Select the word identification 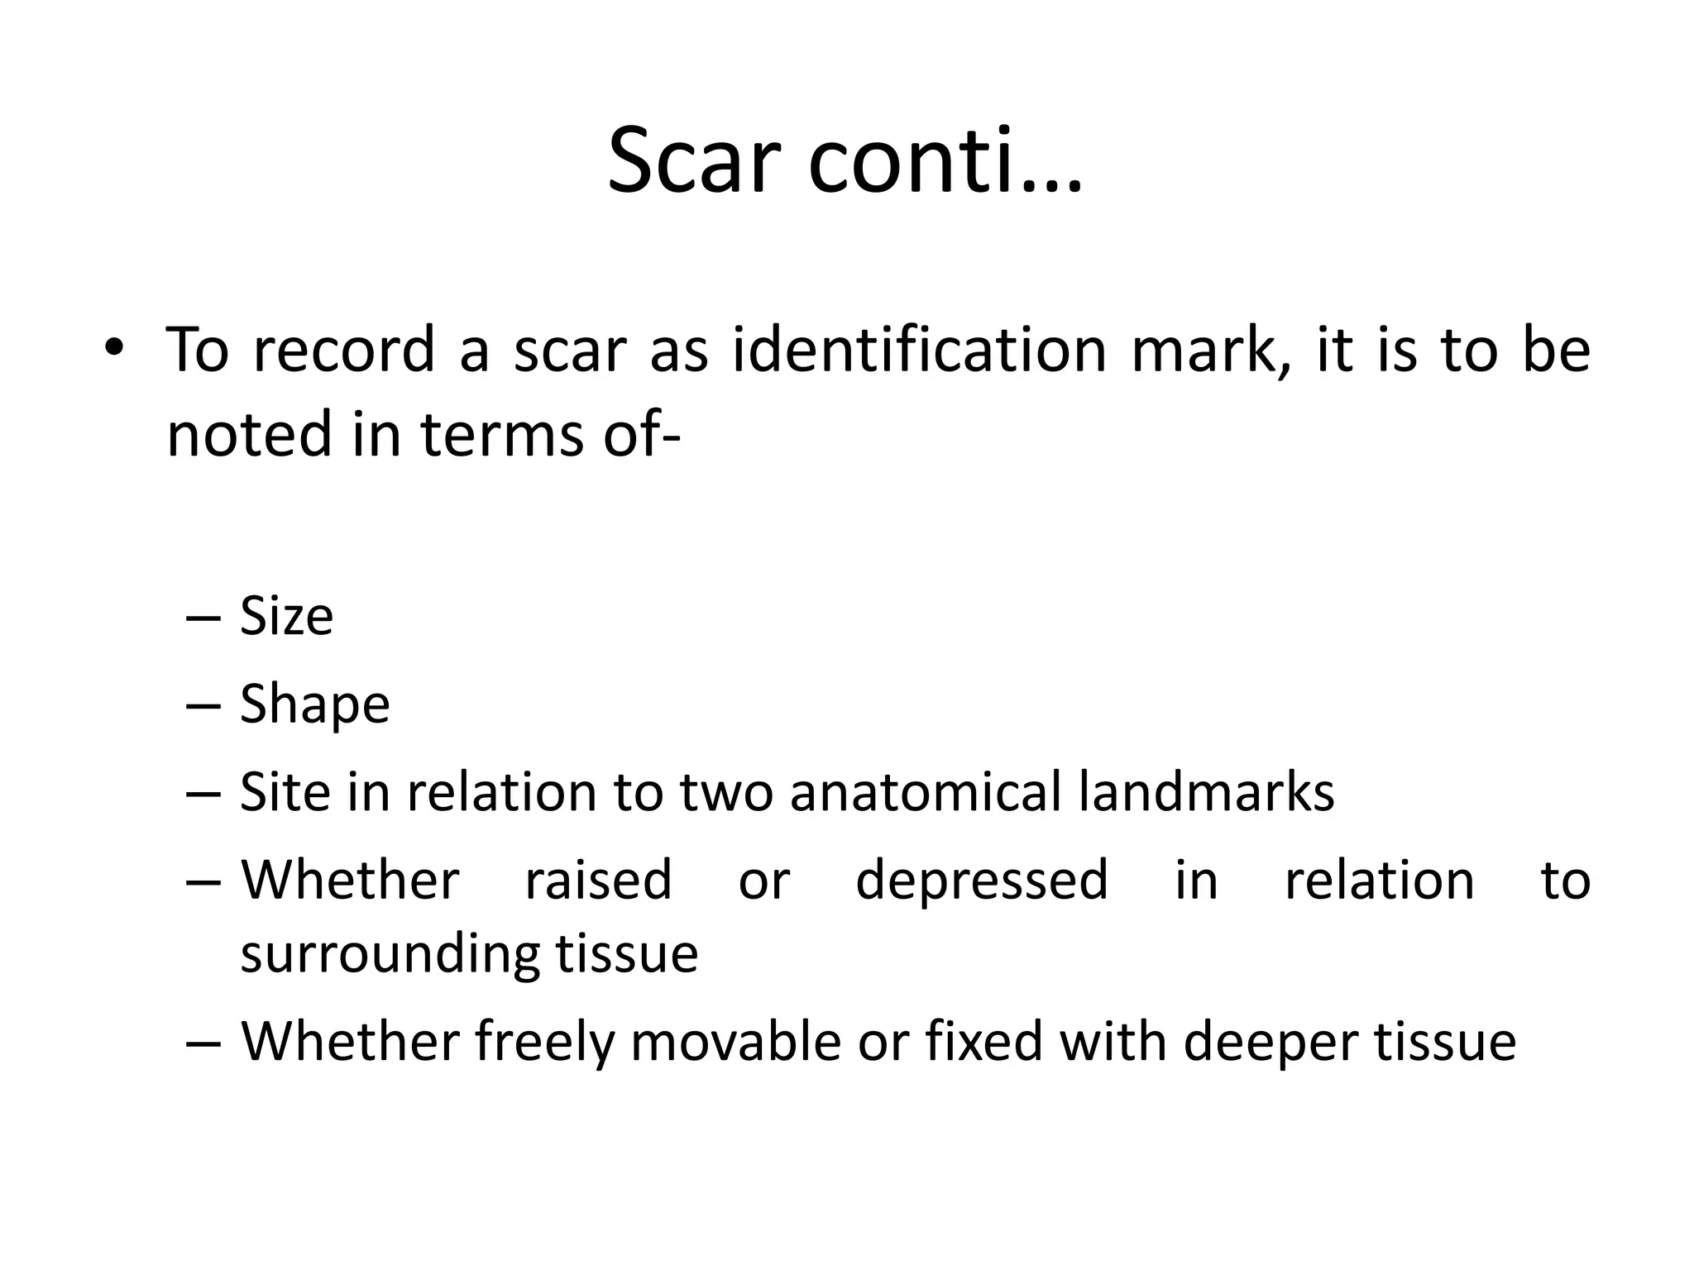pos(919,349)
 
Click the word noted pos(248,434)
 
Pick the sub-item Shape pos(314,705)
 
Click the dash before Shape pos(203,705)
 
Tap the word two pos(725,792)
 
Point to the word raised pos(598,880)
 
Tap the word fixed pos(983,1041)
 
